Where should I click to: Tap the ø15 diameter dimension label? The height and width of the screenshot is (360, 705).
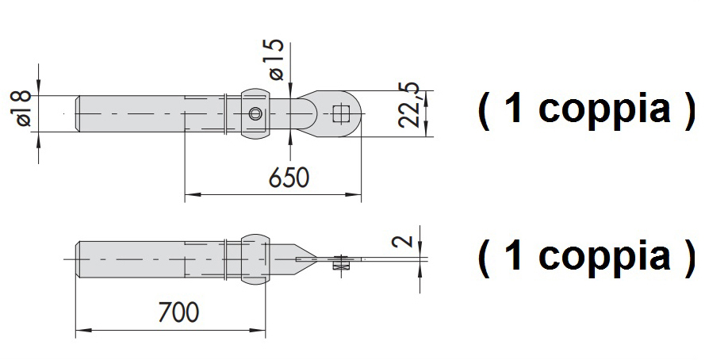pos(277,59)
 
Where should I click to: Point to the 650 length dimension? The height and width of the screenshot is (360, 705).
pos(289,177)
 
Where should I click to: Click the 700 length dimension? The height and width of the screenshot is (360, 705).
pos(178,312)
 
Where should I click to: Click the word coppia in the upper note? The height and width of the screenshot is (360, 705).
pos(604,110)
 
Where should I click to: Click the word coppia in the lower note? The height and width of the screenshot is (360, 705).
pos(604,258)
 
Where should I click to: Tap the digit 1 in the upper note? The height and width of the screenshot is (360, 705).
pos(512,109)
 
